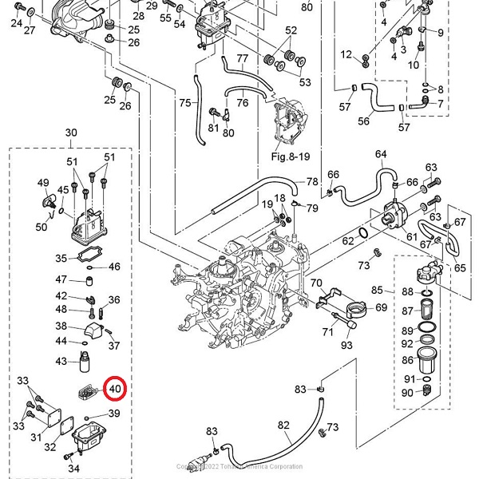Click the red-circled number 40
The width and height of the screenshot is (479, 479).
115,390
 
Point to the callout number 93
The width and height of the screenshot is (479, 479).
346,346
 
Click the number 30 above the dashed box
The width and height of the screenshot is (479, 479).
71,133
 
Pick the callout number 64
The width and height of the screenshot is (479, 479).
381,154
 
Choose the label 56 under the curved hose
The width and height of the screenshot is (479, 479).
363,121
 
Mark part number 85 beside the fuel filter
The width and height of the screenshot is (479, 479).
378,290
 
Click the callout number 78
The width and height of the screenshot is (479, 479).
312,182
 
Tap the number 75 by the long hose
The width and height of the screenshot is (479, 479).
184,103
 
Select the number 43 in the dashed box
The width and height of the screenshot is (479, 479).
61,361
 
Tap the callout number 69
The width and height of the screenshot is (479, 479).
381,307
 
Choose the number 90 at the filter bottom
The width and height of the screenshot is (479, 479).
407,392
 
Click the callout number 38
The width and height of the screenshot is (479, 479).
61,326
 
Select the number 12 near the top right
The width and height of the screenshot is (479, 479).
346,54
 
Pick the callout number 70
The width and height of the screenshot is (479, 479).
316,283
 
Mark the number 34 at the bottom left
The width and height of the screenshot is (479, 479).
75,468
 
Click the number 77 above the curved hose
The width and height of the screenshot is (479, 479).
243,59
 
